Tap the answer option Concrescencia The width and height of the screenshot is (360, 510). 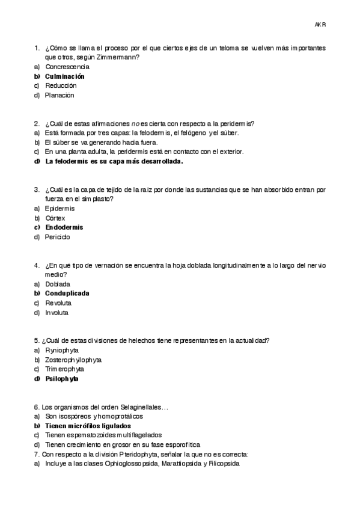coord(67,67)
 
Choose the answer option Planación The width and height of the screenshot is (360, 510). coord(60,95)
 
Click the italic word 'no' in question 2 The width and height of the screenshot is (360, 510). coord(135,123)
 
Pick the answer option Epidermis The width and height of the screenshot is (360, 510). coord(59,208)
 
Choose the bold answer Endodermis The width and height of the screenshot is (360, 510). coord(64,227)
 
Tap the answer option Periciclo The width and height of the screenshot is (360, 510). coord(58,237)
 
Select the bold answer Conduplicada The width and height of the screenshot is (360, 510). coord(67,293)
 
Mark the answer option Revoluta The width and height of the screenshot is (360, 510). coord(58,303)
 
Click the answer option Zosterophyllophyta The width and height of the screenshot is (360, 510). coord(73,360)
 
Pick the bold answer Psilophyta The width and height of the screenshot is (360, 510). coord(62,379)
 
